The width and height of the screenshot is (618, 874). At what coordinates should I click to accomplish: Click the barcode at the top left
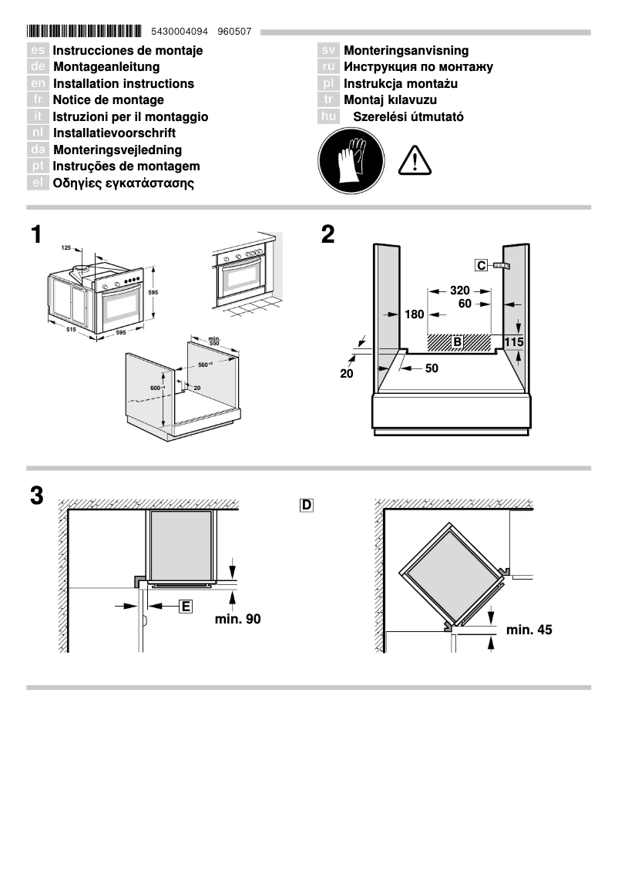pyautogui.click(x=84, y=32)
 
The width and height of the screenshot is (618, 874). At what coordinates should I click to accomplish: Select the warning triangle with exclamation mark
pyautogui.click(x=415, y=160)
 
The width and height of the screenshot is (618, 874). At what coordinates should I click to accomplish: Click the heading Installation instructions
pyautogui.click(x=123, y=83)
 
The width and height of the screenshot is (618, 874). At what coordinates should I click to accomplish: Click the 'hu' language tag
pyautogui.click(x=328, y=117)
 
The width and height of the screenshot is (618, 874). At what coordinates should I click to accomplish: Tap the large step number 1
pyautogui.click(x=36, y=235)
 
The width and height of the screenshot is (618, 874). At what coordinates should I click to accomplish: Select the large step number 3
pyautogui.click(x=36, y=496)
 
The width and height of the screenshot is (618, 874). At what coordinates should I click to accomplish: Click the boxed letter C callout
pyautogui.click(x=482, y=266)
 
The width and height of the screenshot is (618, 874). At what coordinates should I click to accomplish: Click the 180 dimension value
pyautogui.click(x=414, y=314)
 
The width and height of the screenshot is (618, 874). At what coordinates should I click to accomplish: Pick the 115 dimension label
pyautogui.click(x=514, y=341)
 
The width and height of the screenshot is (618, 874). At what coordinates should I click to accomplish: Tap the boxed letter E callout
pyautogui.click(x=185, y=607)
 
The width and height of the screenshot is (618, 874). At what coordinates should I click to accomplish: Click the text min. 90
pyautogui.click(x=237, y=619)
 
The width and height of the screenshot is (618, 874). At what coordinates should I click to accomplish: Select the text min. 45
pyautogui.click(x=529, y=630)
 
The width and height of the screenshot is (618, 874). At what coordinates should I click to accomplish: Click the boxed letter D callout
pyautogui.click(x=307, y=506)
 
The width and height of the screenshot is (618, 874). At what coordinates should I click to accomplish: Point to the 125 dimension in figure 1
pyautogui.click(x=65, y=248)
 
